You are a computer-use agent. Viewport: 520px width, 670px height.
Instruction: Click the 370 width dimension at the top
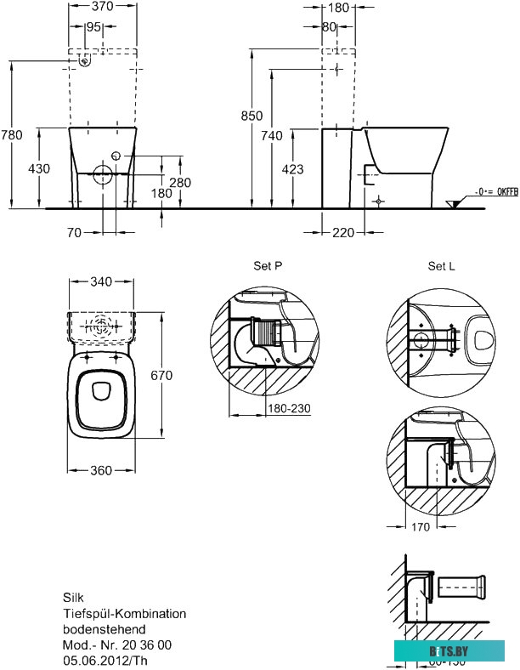click(102, 9)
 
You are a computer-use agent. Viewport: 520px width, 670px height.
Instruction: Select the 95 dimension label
click(93, 28)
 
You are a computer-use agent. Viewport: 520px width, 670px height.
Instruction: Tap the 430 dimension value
click(39, 169)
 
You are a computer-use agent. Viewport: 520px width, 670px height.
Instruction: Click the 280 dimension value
click(179, 183)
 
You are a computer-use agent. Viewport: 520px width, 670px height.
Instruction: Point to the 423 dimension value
click(291, 169)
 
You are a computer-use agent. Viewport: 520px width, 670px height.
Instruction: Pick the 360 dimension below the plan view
click(101, 472)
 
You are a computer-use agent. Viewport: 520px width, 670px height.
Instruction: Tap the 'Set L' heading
click(441, 266)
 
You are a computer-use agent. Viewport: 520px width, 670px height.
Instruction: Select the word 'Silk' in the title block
click(74, 598)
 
